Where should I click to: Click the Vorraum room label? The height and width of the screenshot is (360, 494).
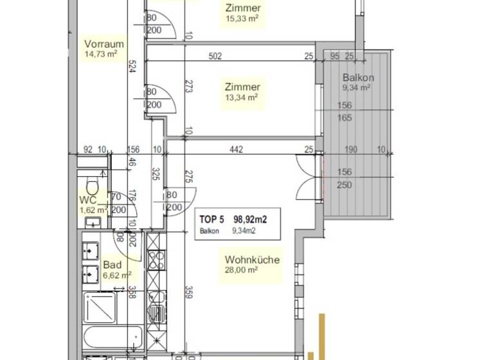pyautogui.click(x=104, y=44)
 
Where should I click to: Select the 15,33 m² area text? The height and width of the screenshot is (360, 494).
pyautogui.click(x=242, y=19)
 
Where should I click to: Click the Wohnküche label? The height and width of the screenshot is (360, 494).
pyautogui.click(x=252, y=260)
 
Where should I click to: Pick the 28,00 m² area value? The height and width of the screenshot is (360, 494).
pyautogui.click(x=241, y=270)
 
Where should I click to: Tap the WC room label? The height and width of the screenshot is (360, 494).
pyautogui.click(x=88, y=200)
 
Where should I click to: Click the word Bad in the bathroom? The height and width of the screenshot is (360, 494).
pyautogui.click(x=112, y=265)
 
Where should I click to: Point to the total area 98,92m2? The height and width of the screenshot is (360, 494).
pyautogui.click(x=250, y=219)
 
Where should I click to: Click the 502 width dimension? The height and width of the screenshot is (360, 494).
pyautogui.click(x=215, y=57)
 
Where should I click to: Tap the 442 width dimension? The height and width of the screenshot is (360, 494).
pyautogui.click(x=236, y=150)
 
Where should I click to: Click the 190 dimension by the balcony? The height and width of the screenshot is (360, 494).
pyautogui.click(x=351, y=150)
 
